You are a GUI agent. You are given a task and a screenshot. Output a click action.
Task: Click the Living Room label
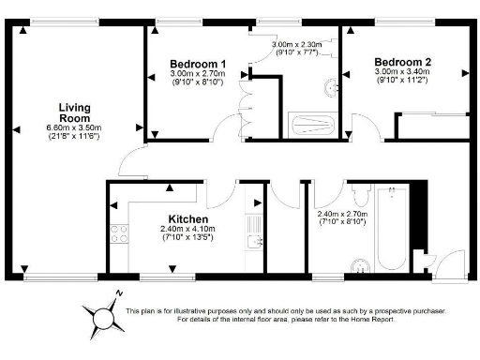click(x=74, y=112)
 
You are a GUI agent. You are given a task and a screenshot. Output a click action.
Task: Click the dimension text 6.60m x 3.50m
click(x=74, y=127)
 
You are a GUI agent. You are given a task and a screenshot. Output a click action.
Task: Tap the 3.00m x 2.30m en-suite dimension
click(x=298, y=44)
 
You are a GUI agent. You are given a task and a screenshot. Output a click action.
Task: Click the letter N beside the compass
click(x=119, y=294)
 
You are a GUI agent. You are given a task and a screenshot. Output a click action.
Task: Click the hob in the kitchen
click(x=119, y=234)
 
